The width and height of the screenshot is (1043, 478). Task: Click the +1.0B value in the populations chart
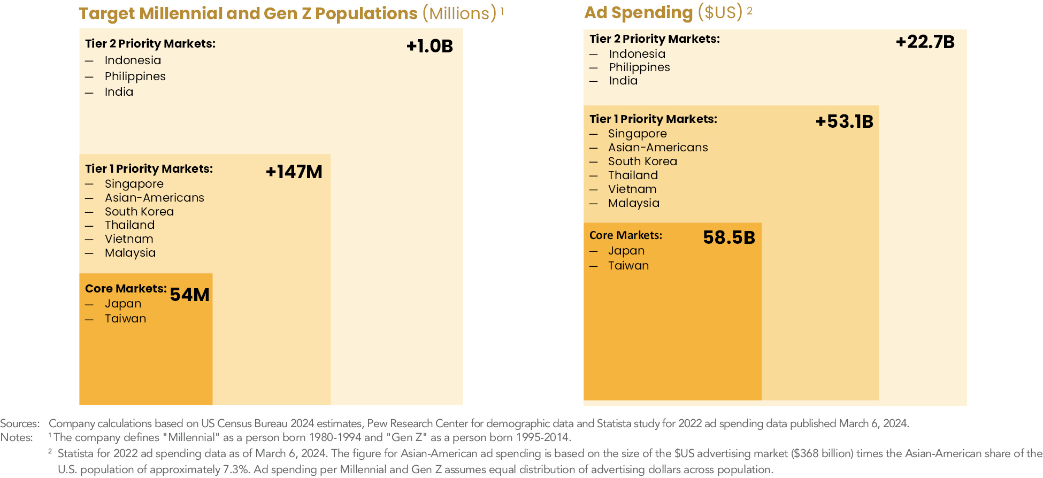pos(430,47)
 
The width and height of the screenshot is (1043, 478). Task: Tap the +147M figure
pos(294,172)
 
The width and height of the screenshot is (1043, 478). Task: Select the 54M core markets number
pos(189,295)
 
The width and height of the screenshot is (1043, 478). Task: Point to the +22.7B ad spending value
pos(925,42)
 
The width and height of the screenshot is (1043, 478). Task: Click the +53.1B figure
pos(844,122)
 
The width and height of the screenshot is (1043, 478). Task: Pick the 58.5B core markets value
pos(728,238)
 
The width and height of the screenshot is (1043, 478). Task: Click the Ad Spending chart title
pos(663,12)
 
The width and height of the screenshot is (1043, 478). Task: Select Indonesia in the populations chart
pos(133,60)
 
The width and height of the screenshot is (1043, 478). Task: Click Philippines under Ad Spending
pos(639,67)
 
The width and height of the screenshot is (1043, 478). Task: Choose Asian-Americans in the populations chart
pos(154,198)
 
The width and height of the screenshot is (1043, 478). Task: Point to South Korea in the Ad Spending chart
pos(642,161)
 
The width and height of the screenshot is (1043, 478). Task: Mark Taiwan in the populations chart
pos(125,319)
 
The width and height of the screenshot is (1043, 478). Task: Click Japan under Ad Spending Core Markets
pos(626,251)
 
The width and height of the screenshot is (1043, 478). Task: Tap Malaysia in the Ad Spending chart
pos(633,203)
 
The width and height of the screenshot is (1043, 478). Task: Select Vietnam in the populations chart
pos(129,239)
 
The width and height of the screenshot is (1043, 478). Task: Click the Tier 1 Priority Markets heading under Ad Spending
pos(653,119)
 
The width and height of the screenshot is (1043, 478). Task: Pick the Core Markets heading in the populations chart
pos(126,289)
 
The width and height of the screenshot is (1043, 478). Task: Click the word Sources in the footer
pos(19,423)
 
